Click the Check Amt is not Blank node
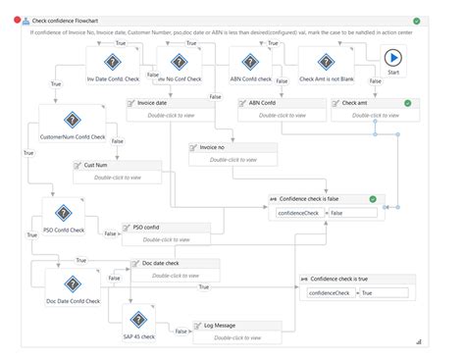pos(321,62)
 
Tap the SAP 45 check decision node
pos(138,322)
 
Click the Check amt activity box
pos(376,108)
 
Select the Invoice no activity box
pos(232,153)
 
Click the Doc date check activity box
pos(175,270)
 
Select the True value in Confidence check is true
pos(383,293)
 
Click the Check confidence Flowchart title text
pos(65,21)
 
